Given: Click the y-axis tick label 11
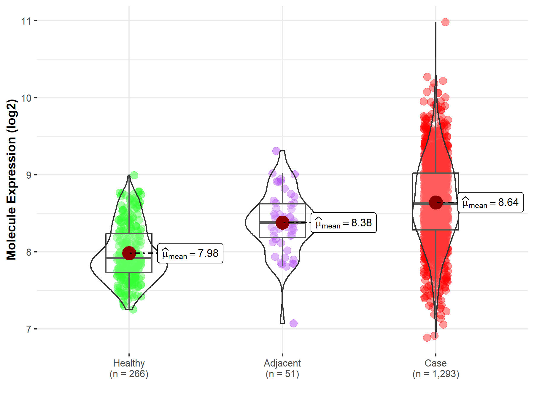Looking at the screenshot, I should pos(26,21).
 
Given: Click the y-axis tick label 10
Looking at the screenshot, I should pos(26,98).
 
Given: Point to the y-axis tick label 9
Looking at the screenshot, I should pos(28,175).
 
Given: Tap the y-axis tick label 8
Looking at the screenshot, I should pos(28,252).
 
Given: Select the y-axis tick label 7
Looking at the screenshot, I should pos(28,329).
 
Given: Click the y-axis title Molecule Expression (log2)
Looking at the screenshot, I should pos(11,180).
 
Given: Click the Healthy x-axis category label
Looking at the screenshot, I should pos(129,363).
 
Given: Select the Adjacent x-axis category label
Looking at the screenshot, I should pos(282,363).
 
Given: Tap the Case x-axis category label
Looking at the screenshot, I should pos(436,363).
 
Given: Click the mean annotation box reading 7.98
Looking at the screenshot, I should pos(190,253).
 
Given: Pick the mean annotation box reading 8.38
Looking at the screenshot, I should pos(344,223).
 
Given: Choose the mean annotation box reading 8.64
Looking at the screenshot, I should pos(490,202).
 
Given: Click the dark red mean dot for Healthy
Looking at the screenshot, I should pos(129,253).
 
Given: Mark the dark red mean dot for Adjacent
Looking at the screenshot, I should pos(282,223).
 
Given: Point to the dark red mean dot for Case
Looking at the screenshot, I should pos(436,202).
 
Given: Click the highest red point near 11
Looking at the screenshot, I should pos(445,22).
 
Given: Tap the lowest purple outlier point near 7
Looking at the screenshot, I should pos(293,323).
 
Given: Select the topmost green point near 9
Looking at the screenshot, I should pos(134,175).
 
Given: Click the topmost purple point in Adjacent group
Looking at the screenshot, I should pos(276,151).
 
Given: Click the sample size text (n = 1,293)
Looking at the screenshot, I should pos(436,374).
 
